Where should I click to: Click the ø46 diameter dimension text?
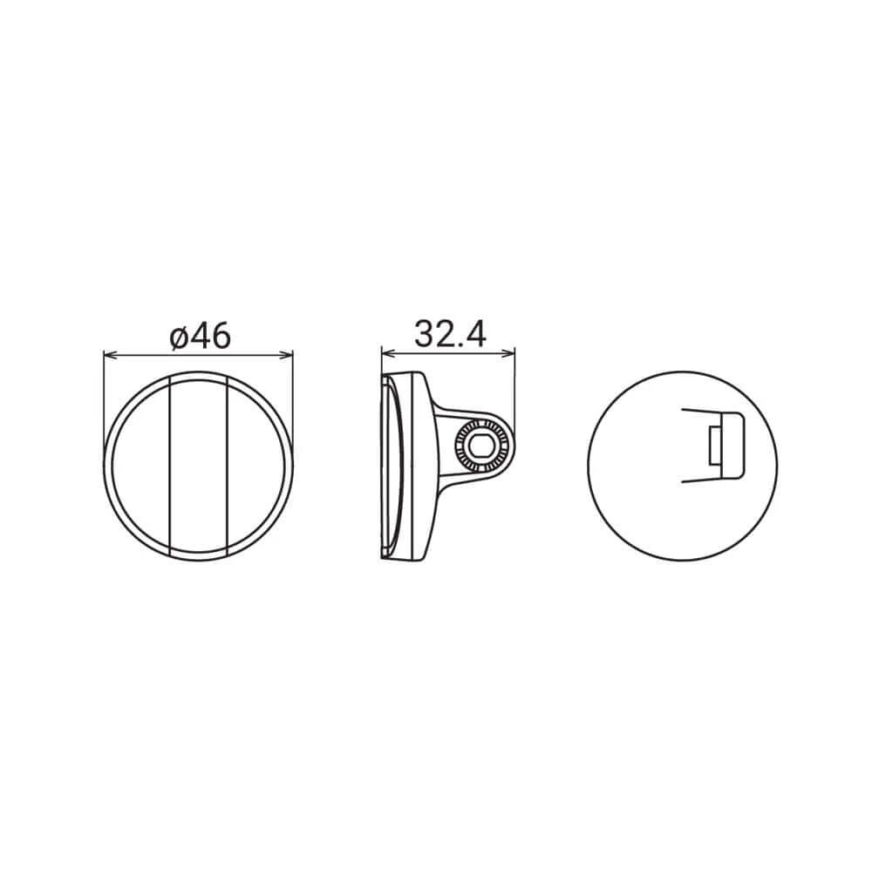click(x=201, y=335)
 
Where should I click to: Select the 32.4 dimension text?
click(x=449, y=335)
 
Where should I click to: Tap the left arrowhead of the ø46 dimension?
click(x=108, y=355)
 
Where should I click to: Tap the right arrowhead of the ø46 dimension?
click(x=289, y=355)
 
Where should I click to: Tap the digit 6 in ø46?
click(x=220, y=336)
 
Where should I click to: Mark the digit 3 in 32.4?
click(x=424, y=335)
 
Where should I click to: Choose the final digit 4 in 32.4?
click(x=475, y=335)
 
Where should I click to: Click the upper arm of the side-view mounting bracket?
click(x=449, y=414)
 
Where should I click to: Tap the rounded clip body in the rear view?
click(x=732, y=445)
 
